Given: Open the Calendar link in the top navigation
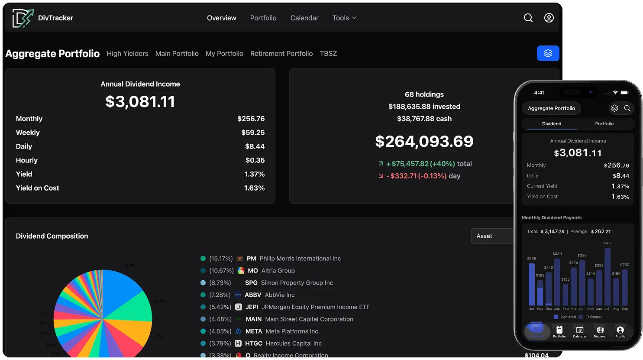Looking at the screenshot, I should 304,18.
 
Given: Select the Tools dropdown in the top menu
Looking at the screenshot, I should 344,18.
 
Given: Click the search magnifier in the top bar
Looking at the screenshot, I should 528,18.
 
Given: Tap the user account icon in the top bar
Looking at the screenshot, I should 549,18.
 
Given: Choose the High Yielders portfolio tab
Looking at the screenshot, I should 127,54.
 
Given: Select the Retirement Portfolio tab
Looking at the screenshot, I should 281,54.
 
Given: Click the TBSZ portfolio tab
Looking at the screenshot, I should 328,54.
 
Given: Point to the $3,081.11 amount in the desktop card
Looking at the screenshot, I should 140,102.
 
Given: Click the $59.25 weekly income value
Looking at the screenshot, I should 253,133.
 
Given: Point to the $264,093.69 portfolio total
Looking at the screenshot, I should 424,142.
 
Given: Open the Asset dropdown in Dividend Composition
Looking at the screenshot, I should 492,236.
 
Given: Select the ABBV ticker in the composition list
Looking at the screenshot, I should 253,295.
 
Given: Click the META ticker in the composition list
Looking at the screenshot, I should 254,331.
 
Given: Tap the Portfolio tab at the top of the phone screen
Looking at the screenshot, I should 604,124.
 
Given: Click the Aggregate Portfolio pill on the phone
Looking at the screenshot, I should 551,108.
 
